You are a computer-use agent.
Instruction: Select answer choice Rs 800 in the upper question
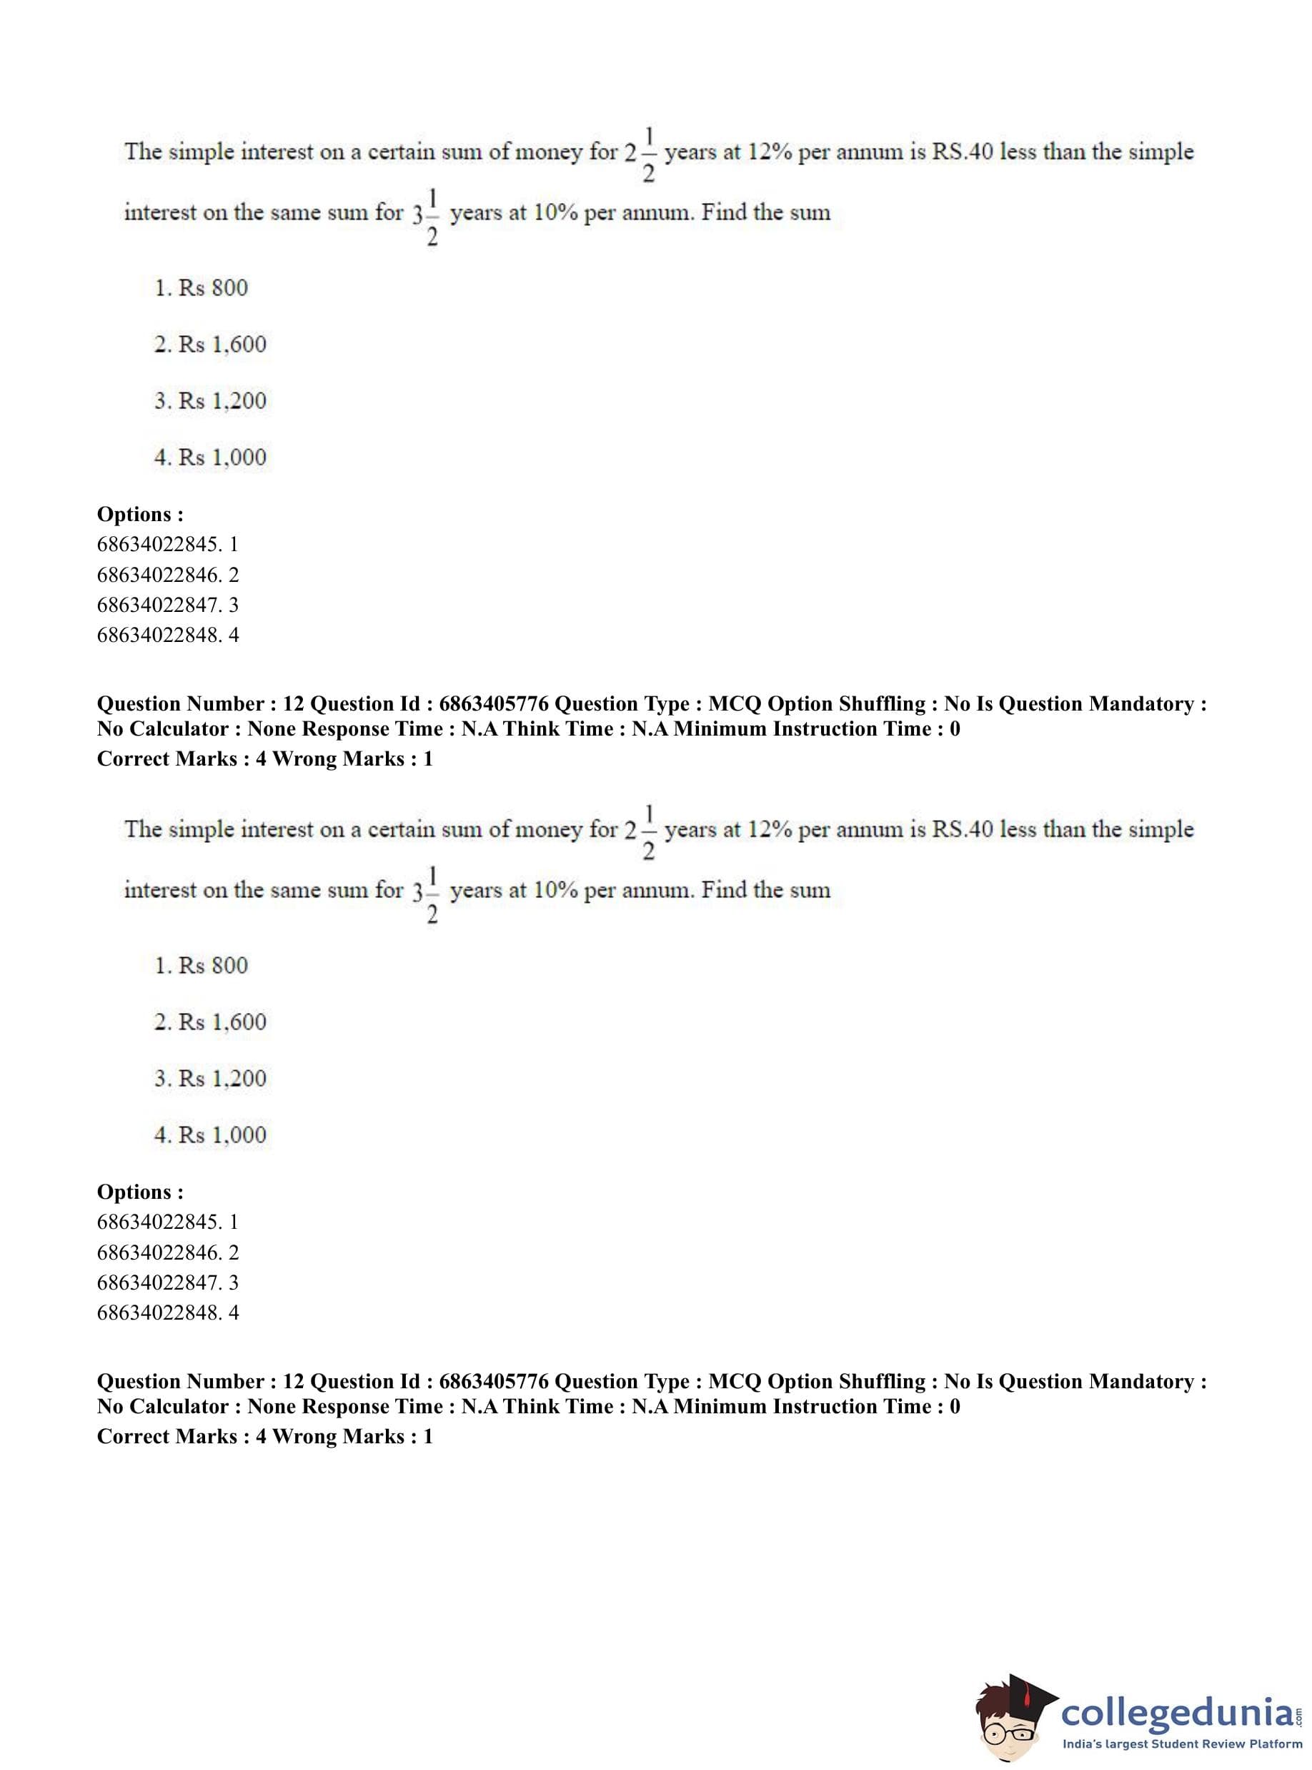(x=202, y=287)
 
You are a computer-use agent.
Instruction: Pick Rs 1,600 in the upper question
(x=211, y=344)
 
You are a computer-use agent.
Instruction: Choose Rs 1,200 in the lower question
(x=211, y=1078)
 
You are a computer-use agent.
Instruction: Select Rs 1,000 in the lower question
(x=211, y=1134)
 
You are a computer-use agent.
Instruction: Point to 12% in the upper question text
(x=770, y=152)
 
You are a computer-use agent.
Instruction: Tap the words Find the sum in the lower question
(x=765, y=890)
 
